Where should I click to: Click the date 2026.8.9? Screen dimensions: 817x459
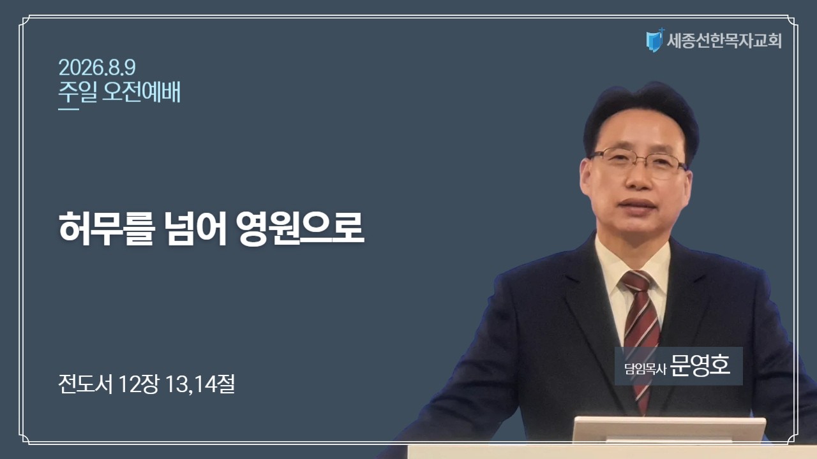pos(97,68)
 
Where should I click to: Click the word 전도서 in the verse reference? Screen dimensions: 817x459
pos(86,384)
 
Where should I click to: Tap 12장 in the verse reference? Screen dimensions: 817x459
pos(139,384)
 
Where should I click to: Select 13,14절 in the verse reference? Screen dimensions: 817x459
pos(200,384)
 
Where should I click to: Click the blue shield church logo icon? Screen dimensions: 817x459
pos(655,40)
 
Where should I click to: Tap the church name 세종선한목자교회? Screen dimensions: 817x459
pos(724,40)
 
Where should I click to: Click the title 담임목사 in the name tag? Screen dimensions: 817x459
pos(645,368)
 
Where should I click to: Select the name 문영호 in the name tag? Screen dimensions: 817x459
pos(700,365)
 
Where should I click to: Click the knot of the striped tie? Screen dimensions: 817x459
pos(638,281)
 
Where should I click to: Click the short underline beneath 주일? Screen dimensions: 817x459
pos(68,108)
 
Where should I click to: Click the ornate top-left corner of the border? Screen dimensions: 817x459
pos(25,20)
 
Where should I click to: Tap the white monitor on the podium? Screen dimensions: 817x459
pos(670,430)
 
